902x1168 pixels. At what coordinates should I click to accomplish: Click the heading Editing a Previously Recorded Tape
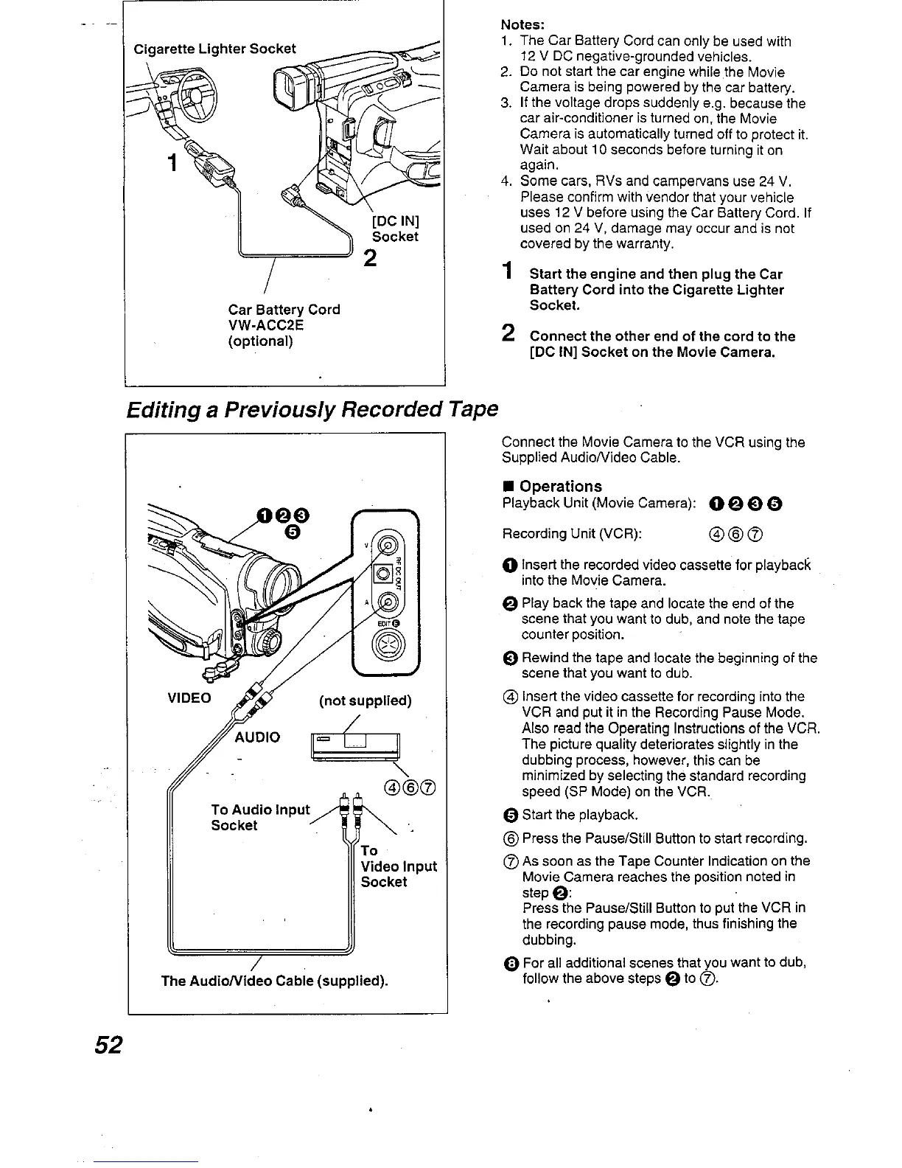point(312,409)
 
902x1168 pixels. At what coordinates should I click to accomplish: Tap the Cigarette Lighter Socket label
point(214,49)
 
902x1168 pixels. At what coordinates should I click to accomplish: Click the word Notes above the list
point(522,24)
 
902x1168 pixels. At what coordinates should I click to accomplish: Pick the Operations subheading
point(560,486)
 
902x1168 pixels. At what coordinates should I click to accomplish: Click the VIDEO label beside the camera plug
point(189,698)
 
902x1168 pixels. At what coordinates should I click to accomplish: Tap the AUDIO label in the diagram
point(257,737)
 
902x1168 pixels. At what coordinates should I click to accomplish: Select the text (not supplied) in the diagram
point(365,701)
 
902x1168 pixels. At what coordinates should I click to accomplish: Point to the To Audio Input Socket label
point(260,817)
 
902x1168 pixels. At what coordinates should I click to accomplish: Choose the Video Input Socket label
point(398,866)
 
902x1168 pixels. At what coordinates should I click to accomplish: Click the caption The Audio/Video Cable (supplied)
point(274,981)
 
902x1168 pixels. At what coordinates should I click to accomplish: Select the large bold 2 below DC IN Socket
point(370,257)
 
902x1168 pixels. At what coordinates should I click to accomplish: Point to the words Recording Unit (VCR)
point(571,533)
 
